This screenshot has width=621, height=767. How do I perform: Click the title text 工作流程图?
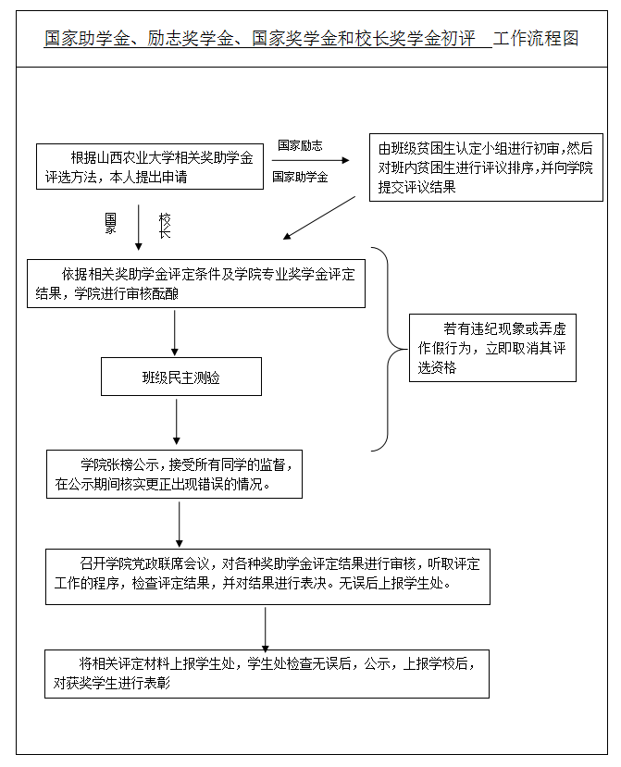536,39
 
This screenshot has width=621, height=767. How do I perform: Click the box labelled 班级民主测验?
181,377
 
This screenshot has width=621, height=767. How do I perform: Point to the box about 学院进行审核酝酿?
196,283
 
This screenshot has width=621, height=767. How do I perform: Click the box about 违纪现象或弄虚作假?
492,348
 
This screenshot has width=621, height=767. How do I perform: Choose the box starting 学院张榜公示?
175,474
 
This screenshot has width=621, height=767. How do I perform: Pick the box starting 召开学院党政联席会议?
267,575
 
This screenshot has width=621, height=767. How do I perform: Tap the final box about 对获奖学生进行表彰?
267,674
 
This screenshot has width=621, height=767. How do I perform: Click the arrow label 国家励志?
300,145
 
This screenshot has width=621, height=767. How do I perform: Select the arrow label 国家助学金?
300,177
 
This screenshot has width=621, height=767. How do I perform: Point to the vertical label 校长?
165,226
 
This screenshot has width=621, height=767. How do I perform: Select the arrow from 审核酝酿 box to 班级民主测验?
175,332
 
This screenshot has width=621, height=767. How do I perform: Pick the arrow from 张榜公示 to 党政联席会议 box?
179,523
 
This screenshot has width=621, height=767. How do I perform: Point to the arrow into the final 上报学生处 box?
266,628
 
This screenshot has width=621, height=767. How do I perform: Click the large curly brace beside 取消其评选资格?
387,350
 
